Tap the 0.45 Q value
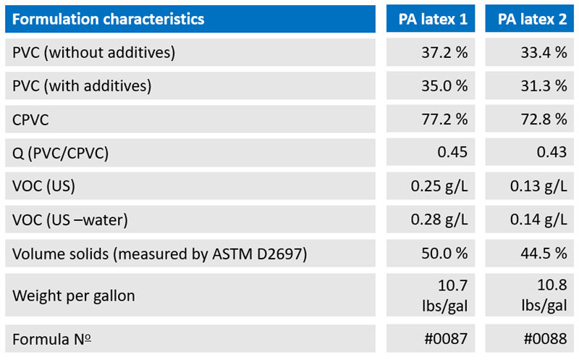[x=453, y=153]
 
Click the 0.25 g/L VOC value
[x=439, y=186]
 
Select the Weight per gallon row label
[x=74, y=296]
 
